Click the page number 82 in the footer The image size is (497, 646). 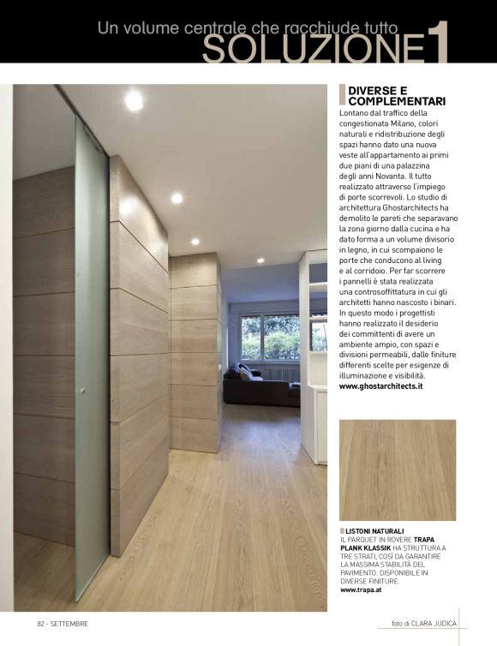pyautogui.click(x=40, y=623)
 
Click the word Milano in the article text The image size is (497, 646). pyautogui.click(x=401, y=123)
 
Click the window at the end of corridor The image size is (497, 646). pyautogui.click(x=264, y=337)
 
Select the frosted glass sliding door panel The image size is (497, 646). pyautogui.click(x=91, y=360)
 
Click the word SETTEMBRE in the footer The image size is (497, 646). pyautogui.click(x=69, y=623)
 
